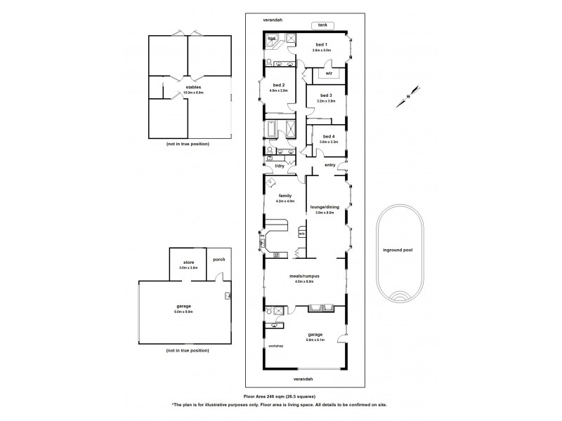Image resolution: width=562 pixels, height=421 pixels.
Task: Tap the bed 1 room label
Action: [x=321, y=45]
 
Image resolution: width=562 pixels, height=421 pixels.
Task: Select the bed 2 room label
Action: [x=277, y=85]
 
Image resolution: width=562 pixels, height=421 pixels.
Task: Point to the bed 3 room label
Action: [x=325, y=95]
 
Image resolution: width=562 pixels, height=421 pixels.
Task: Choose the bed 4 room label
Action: [x=328, y=136]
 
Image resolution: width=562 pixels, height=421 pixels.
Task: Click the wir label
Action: [x=328, y=72]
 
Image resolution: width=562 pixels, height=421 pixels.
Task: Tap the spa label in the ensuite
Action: [x=271, y=38]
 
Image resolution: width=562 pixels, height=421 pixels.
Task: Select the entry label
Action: [x=330, y=166]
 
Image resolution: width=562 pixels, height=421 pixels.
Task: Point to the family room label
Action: [x=285, y=196]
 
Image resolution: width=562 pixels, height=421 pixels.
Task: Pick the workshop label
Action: [x=275, y=347]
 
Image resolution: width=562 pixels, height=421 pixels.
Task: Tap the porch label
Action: [x=218, y=259]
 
